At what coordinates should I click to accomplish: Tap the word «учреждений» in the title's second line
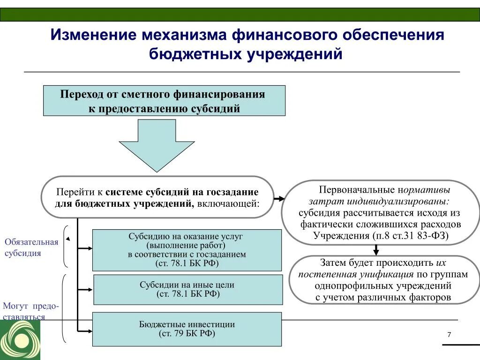[x=294, y=54]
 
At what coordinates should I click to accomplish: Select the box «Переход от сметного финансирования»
[x=164, y=101]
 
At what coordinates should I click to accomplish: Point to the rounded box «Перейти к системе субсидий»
[x=157, y=197]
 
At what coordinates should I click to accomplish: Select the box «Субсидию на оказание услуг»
[x=187, y=250]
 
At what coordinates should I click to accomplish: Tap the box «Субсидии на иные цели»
[x=188, y=290]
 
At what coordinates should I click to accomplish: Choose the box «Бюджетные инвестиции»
[x=187, y=329]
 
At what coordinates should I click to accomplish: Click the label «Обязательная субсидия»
[x=31, y=247]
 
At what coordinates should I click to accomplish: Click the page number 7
[x=449, y=334]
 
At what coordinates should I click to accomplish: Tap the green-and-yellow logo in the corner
[x=20, y=340]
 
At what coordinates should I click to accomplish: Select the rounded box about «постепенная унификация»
[x=382, y=280]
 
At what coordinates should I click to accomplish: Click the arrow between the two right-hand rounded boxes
[x=376, y=250]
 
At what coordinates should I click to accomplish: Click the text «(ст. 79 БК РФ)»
[x=187, y=334]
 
